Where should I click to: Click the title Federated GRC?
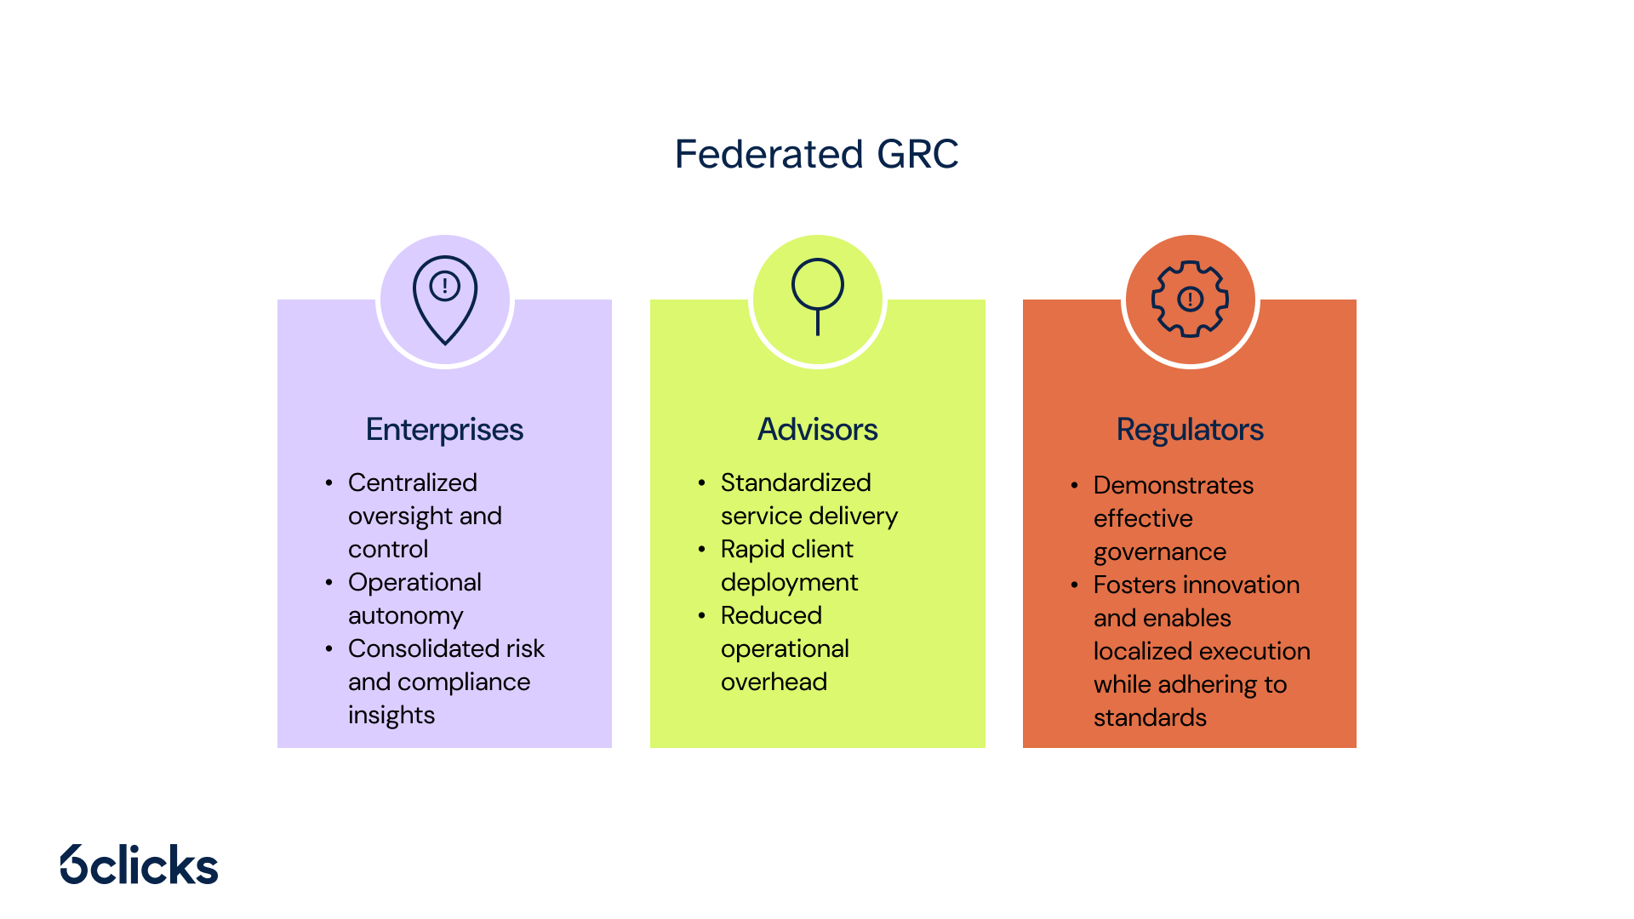click(x=816, y=154)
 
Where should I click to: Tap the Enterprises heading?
click(x=444, y=430)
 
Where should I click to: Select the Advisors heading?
click(x=817, y=430)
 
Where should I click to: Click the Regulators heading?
click(x=1189, y=430)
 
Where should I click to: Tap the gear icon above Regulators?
click(x=1190, y=299)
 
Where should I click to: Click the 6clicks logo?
click(x=140, y=865)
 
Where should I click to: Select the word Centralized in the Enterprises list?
click(x=412, y=482)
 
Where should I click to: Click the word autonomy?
click(x=405, y=615)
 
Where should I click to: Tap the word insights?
click(x=391, y=715)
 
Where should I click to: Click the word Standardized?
click(x=795, y=482)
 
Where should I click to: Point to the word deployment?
click(x=789, y=583)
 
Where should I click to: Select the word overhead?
click(x=774, y=682)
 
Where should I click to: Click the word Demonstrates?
click(x=1173, y=485)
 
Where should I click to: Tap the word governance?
click(x=1159, y=552)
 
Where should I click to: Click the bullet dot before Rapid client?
click(x=701, y=549)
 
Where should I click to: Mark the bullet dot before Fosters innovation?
click(x=1074, y=585)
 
